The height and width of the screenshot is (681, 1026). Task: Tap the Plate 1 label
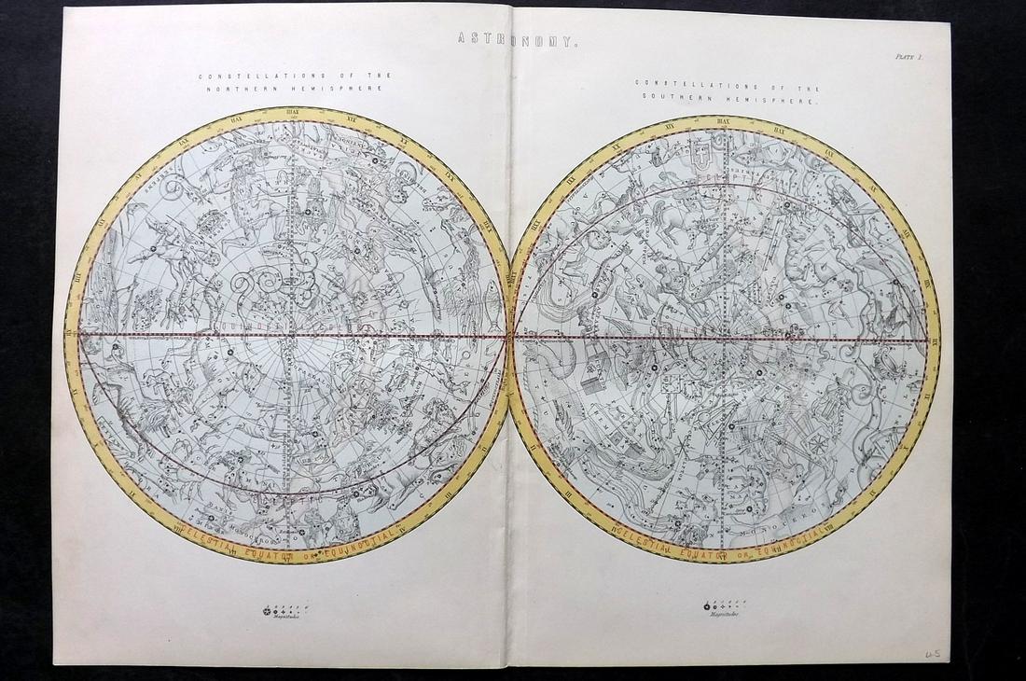(907, 57)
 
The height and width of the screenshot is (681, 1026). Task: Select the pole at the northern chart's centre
(291, 335)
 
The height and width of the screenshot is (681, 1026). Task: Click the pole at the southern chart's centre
(724, 338)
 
